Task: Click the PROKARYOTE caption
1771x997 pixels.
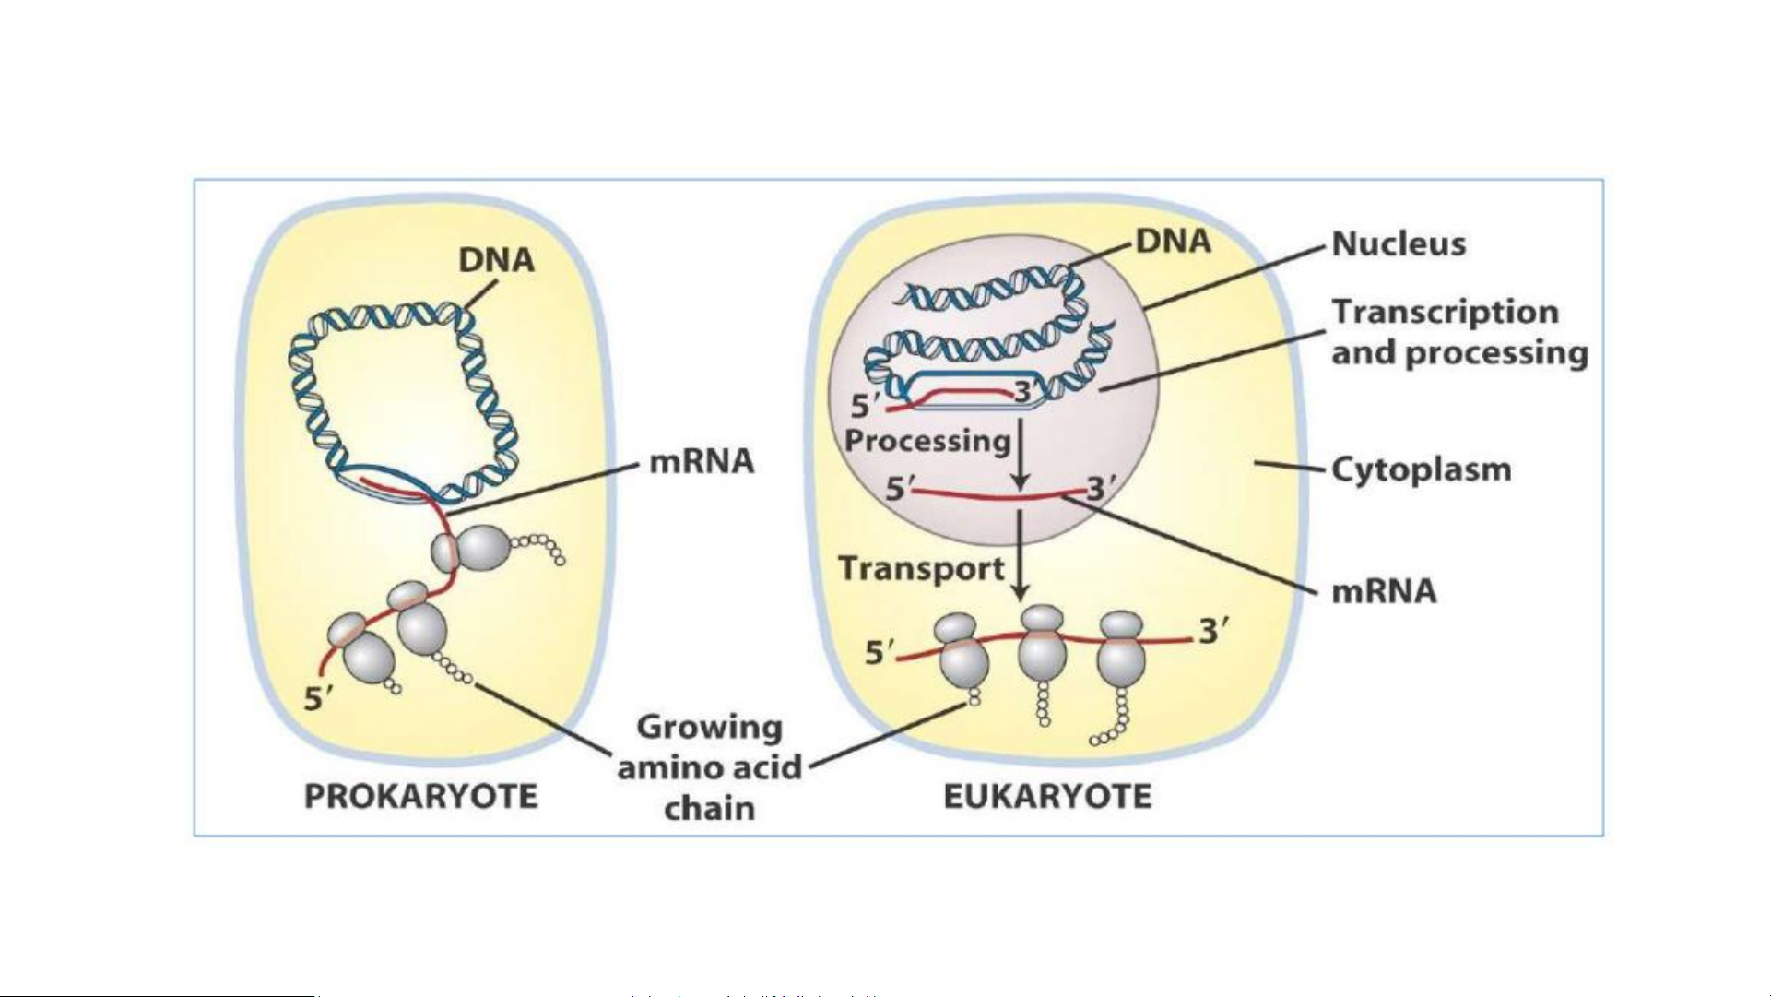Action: pyautogui.click(x=420, y=796)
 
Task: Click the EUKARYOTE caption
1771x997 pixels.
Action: pyautogui.click(x=1047, y=796)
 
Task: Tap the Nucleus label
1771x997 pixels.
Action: pyautogui.click(x=1399, y=244)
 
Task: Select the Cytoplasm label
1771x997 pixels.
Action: pyautogui.click(x=1421, y=469)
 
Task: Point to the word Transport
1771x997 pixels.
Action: pyautogui.click(x=921, y=568)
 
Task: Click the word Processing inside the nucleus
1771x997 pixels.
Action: pyautogui.click(x=927, y=441)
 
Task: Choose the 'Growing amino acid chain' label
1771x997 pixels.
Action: pyautogui.click(x=709, y=767)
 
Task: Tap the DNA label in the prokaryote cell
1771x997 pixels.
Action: pyautogui.click(x=496, y=260)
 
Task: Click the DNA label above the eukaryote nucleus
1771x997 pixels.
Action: pyautogui.click(x=1173, y=242)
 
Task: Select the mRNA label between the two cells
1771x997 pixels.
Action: pyautogui.click(x=702, y=461)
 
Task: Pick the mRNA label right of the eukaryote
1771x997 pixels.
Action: pyautogui.click(x=1384, y=591)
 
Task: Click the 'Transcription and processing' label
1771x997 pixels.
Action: pyautogui.click(x=1458, y=332)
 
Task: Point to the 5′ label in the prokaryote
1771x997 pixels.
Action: pyautogui.click(x=318, y=699)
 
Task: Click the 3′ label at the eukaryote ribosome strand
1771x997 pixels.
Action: pyautogui.click(x=1213, y=632)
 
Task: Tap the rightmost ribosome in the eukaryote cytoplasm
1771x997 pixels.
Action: pyautogui.click(x=1122, y=649)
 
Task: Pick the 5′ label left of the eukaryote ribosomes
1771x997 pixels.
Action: pyautogui.click(x=879, y=653)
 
